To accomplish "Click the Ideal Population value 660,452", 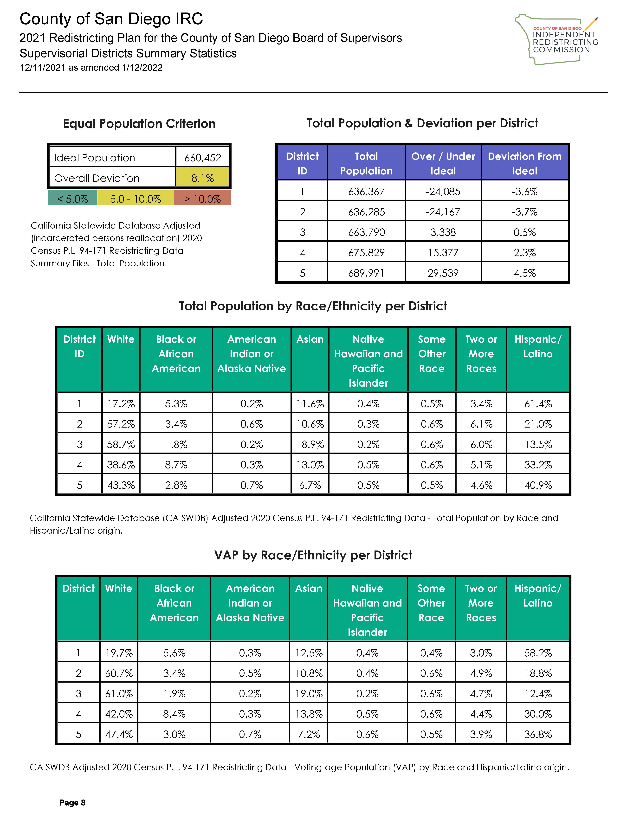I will (203, 158).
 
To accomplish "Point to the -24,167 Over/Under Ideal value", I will (443, 212).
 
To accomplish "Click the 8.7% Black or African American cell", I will (176, 465).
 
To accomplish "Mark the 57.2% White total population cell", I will (121, 424).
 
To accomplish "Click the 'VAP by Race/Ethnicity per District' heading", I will (313, 555).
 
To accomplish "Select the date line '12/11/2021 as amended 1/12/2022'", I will (91, 68).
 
